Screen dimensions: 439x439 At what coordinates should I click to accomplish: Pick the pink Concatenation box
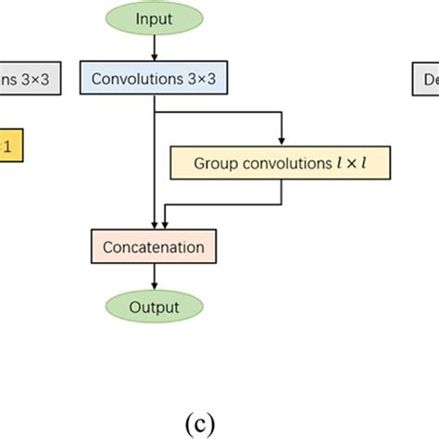153,247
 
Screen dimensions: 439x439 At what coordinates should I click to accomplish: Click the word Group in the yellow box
214,163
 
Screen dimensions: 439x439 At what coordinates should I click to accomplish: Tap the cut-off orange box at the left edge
9,146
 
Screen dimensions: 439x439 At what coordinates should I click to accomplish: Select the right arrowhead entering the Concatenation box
165,225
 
